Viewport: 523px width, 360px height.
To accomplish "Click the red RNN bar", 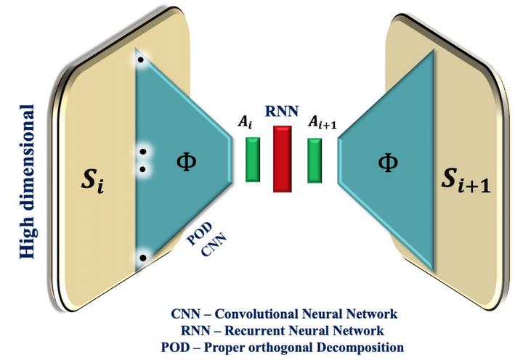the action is (282, 159).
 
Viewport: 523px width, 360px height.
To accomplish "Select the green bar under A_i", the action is (253, 160).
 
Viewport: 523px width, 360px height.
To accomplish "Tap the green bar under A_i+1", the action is (315, 160).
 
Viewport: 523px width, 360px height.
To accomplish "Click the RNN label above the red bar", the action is (282, 111).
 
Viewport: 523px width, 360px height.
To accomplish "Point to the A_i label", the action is (246, 122).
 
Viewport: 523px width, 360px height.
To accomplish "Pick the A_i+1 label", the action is (323, 122).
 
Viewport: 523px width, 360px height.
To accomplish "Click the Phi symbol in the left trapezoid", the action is (186, 163).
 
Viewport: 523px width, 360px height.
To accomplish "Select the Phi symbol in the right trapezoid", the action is (388, 163).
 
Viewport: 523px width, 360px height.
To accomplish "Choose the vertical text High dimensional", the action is (27, 181).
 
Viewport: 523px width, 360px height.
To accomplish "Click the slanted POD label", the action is (199, 233).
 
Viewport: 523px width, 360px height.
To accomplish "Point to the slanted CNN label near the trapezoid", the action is (214, 245).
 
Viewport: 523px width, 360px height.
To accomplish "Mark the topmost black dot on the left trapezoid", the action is (141, 60).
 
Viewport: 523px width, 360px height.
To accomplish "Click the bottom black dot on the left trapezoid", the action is (143, 258).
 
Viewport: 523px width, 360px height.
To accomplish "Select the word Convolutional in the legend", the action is (256, 314).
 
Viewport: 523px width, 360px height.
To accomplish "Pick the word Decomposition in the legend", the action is (360, 348).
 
